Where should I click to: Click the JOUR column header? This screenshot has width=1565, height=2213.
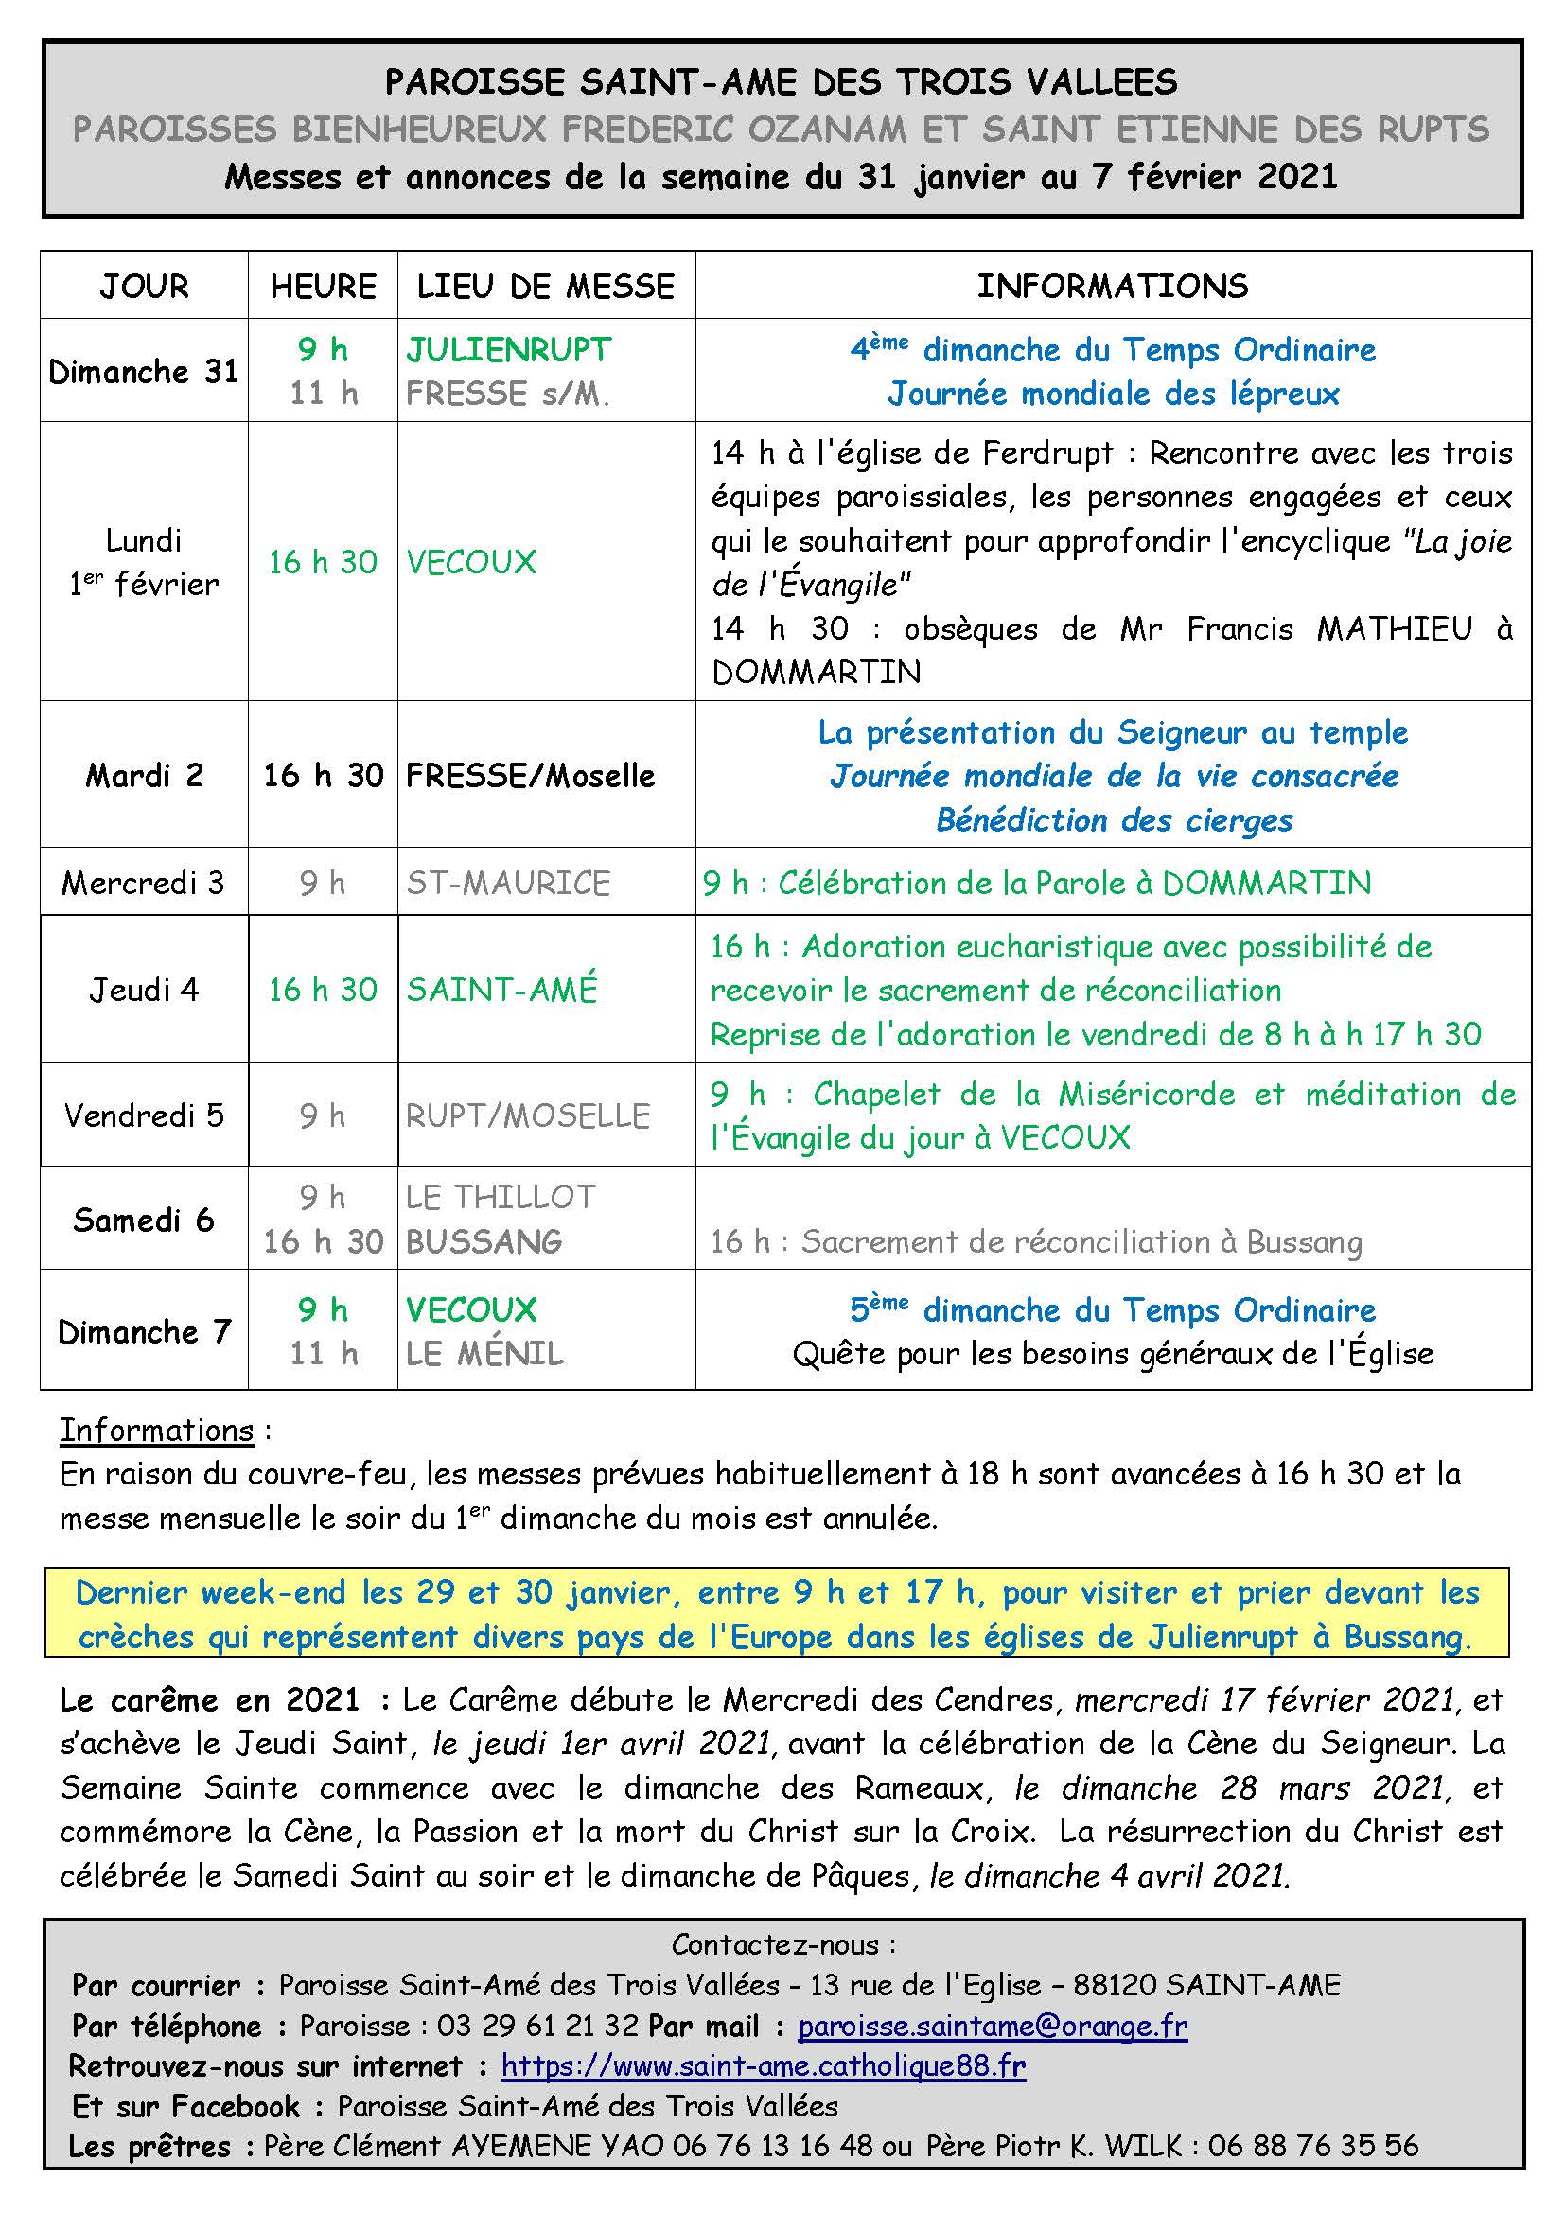(x=144, y=287)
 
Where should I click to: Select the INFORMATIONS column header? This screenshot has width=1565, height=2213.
(x=1112, y=287)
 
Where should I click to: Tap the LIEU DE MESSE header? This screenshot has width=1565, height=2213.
(x=545, y=287)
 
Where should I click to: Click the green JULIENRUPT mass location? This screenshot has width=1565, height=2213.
(x=509, y=349)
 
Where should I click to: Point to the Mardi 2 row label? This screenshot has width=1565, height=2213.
(x=144, y=775)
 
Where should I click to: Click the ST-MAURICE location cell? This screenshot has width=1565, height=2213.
(x=508, y=883)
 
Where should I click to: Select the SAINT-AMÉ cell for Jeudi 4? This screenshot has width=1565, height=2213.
(x=502, y=990)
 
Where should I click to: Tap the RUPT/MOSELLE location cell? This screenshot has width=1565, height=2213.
(x=528, y=1116)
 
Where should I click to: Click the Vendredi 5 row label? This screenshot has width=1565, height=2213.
(x=144, y=1116)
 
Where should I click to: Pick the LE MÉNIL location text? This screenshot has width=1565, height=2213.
(x=484, y=1354)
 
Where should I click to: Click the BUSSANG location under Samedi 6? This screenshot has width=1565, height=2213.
(x=484, y=1241)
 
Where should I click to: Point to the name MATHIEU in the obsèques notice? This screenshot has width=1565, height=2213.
(x=1395, y=629)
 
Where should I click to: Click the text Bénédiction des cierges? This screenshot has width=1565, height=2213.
(x=1114, y=820)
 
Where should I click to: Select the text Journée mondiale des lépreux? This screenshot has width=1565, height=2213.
(x=1114, y=394)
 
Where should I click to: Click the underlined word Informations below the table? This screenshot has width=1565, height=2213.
(x=156, y=1431)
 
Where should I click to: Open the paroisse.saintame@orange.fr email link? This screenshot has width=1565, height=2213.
(x=993, y=2026)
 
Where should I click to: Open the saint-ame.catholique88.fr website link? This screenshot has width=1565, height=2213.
(x=764, y=2066)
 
